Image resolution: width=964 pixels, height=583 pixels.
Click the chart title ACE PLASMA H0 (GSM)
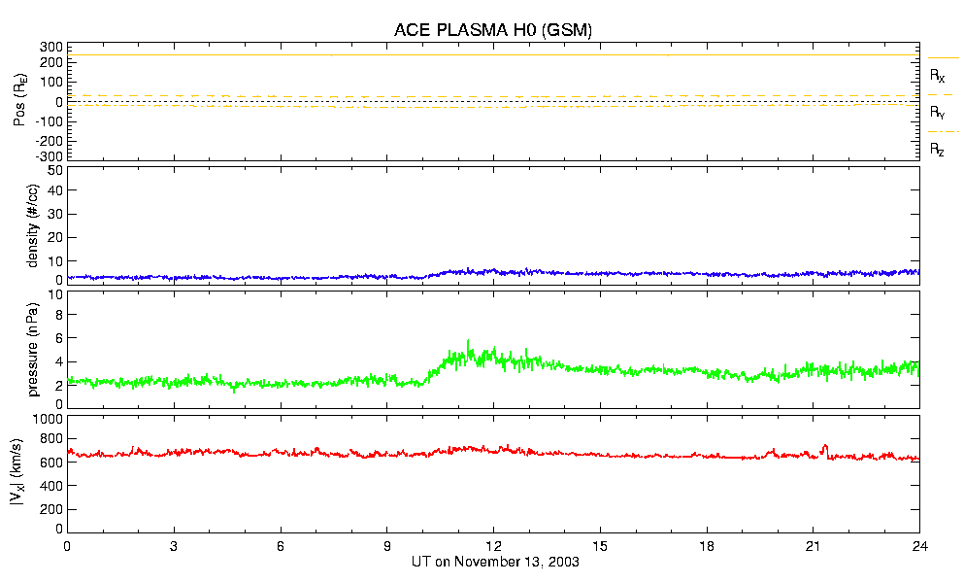[x=493, y=30]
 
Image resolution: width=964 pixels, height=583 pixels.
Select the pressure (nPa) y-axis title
[x=34, y=347]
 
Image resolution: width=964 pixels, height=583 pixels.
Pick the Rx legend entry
[x=938, y=75]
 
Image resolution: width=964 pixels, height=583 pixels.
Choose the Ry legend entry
[x=938, y=112]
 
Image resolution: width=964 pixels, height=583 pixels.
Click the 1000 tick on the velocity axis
[x=47, y=419]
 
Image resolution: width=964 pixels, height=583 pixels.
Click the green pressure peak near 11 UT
[x=469, y=342]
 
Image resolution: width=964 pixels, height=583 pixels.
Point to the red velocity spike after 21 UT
[x=825, y=446]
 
